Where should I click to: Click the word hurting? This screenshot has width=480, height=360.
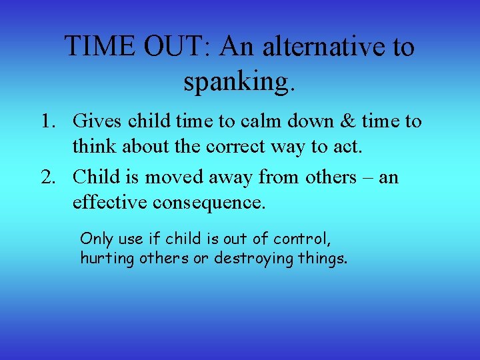click(107, 258)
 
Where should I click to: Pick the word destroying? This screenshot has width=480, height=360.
click(253, 258)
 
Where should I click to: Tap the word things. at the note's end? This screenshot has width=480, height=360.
click(323, 258)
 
